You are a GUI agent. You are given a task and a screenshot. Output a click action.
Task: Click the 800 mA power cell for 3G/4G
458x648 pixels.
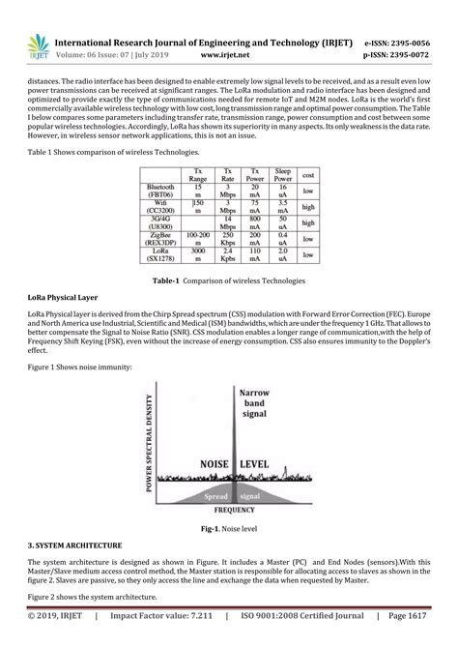255,219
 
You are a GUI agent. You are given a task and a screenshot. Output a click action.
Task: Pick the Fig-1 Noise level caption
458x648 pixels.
228,529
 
